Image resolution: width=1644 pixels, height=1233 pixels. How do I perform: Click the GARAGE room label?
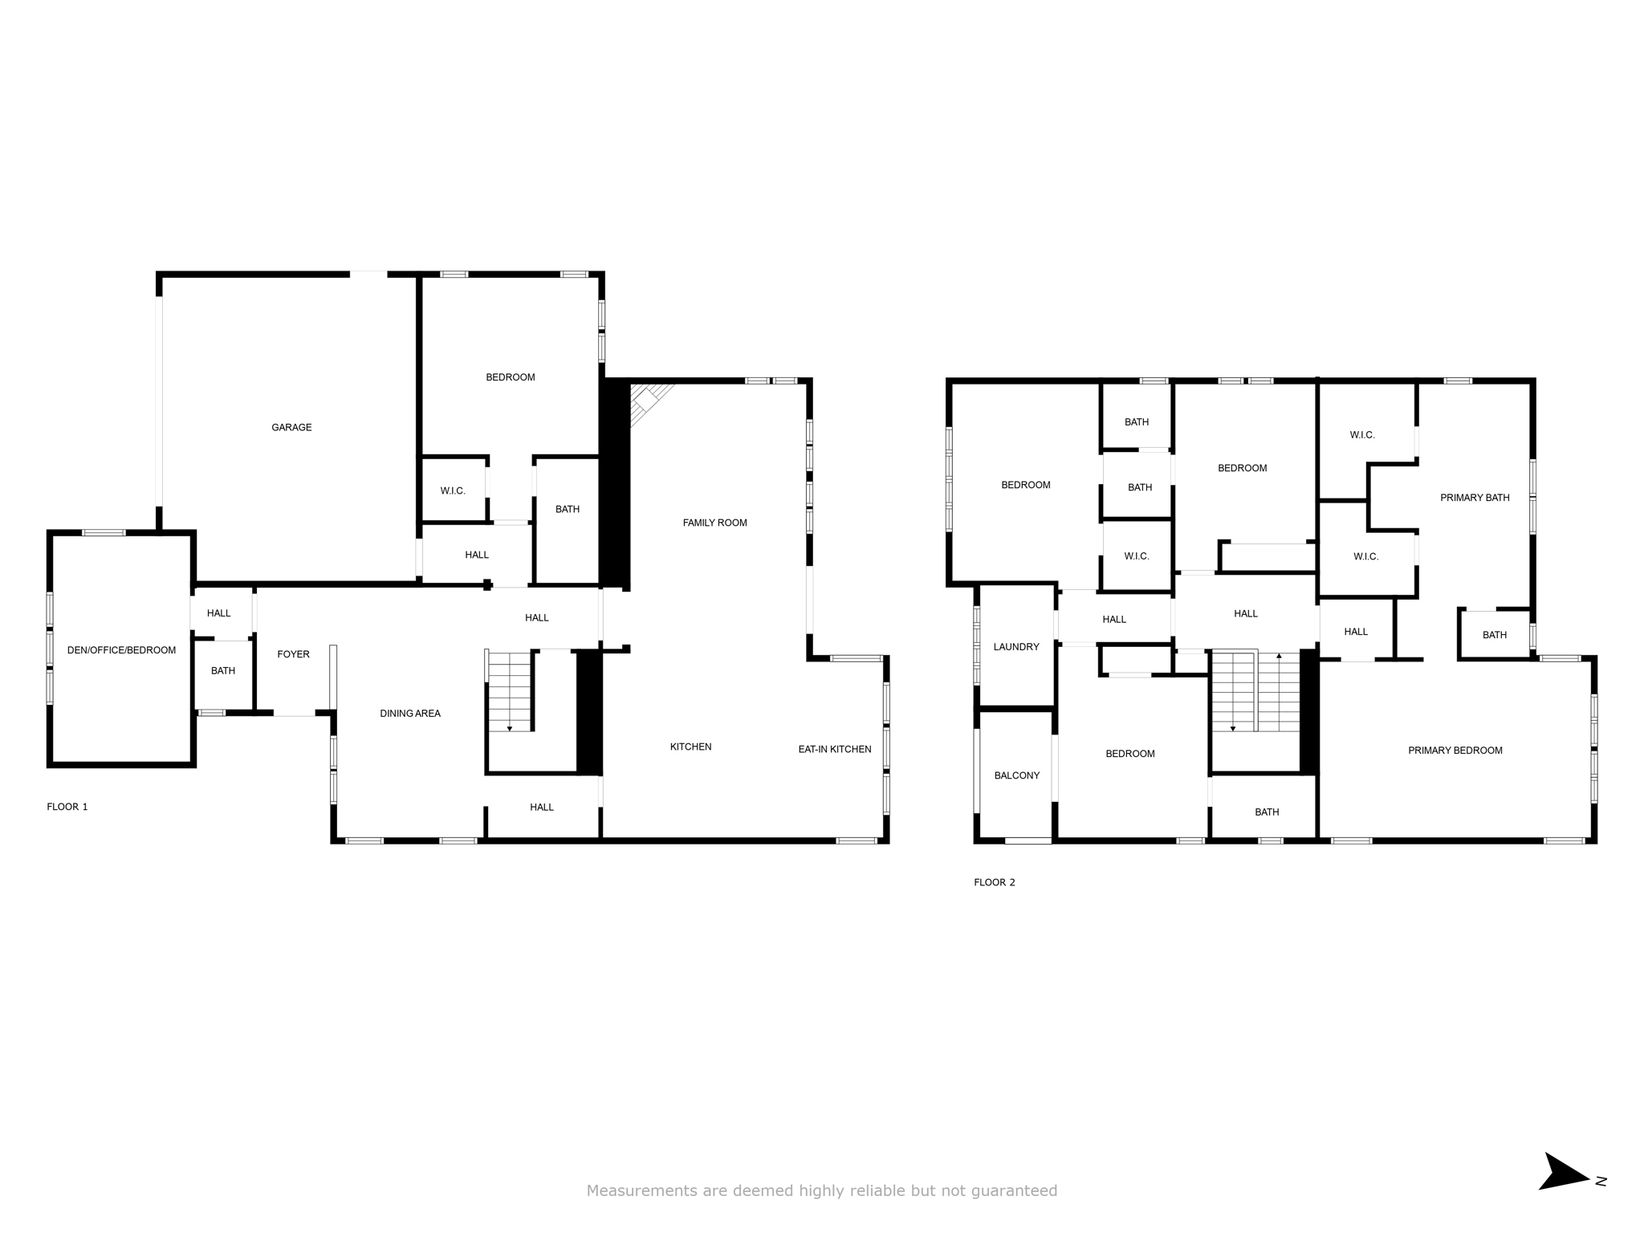[291, 428]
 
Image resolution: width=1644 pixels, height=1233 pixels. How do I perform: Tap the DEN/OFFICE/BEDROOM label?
[121, 650]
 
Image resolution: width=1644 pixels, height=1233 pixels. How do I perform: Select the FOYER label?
[293, 654]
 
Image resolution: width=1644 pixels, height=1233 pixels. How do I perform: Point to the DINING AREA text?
[410, 714]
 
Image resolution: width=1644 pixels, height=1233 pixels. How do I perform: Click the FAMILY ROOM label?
[714, 523]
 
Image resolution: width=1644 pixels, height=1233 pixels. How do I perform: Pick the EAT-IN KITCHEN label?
[835, 749]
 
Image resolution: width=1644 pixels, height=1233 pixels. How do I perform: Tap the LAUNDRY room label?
[1016, 647]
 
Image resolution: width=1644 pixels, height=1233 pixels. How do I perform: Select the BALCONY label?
[1017, 775]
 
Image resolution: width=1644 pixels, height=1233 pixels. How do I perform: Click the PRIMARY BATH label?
[1475, 498]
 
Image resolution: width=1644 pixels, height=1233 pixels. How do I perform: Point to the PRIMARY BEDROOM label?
[1455, 751]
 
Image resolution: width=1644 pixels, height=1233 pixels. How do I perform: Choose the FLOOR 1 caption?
[67, 807]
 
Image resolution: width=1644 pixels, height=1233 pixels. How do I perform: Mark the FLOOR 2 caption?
[995, 882]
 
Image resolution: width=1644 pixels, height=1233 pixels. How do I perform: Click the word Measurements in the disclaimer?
[642, 1190]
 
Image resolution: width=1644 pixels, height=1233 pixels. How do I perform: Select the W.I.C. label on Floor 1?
[453, 490]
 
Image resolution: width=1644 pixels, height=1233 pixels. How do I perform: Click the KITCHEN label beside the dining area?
[691, 747]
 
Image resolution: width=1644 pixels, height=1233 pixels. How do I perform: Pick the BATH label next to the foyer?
[223, 670]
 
